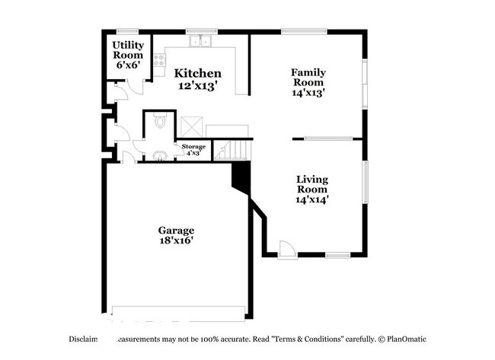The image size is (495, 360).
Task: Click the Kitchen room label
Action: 198,74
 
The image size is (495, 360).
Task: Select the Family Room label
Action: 308,78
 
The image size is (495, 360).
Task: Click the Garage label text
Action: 176,230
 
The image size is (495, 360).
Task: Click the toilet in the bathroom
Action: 160,122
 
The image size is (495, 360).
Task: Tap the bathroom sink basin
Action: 160,156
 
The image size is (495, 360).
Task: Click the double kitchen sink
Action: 203,41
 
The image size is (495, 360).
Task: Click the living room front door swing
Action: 287,249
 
